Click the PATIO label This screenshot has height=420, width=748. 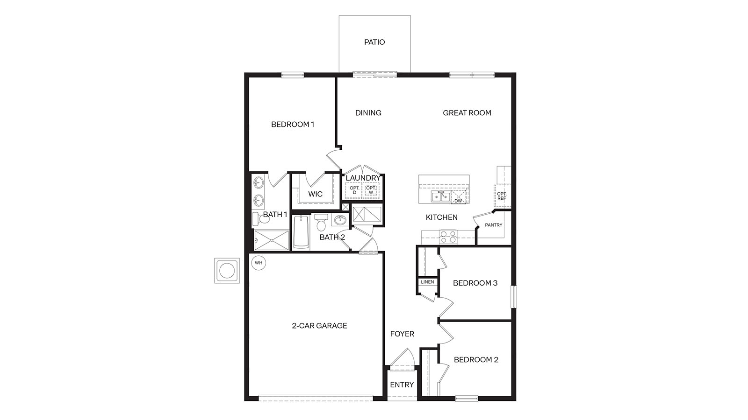pyautogui.click(x=374, y=42)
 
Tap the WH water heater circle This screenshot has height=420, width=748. pyautogui.click(x=259, y=263)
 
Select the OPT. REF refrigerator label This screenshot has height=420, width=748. pyautogui.click(x=502, y=196)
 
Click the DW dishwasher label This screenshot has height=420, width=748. pyautogui.click(x=458, y=201)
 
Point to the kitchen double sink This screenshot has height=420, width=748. pyautogui.click(x=440, y=196)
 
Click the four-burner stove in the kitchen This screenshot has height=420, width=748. pyautogui.click(x=448, y=237)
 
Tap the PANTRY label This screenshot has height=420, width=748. pyautogui.click(x=493, y=225)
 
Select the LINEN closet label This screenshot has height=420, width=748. pyautogui.click(x=427, y=282)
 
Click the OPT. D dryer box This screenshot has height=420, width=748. pyautogui.click(x=354, y=190)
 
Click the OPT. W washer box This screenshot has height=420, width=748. pyautogui.click(x=371, y=190)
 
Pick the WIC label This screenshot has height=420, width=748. pyautogui.click(x=315, y=194)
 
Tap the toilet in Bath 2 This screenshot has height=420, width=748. pyautogui.click(x=321, y=223)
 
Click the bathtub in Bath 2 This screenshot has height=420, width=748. pyautogui.click(x=301, y=232)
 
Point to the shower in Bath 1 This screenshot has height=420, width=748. pyautogui.click(x=271, y=240)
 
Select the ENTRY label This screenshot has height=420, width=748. pyautogui.click(x=402, y=385)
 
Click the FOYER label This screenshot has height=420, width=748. pyautogui.click(x=402, y=334)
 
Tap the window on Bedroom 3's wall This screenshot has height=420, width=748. pyautogui.click(x=513, y=296)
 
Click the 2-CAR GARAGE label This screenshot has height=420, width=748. pyautogui.click(x=319, y=326)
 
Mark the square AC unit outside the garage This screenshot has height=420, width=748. pyautogui.click(x=227, y=271)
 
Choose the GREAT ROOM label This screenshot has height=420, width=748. pyautogui.click(x=467, y=113)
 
